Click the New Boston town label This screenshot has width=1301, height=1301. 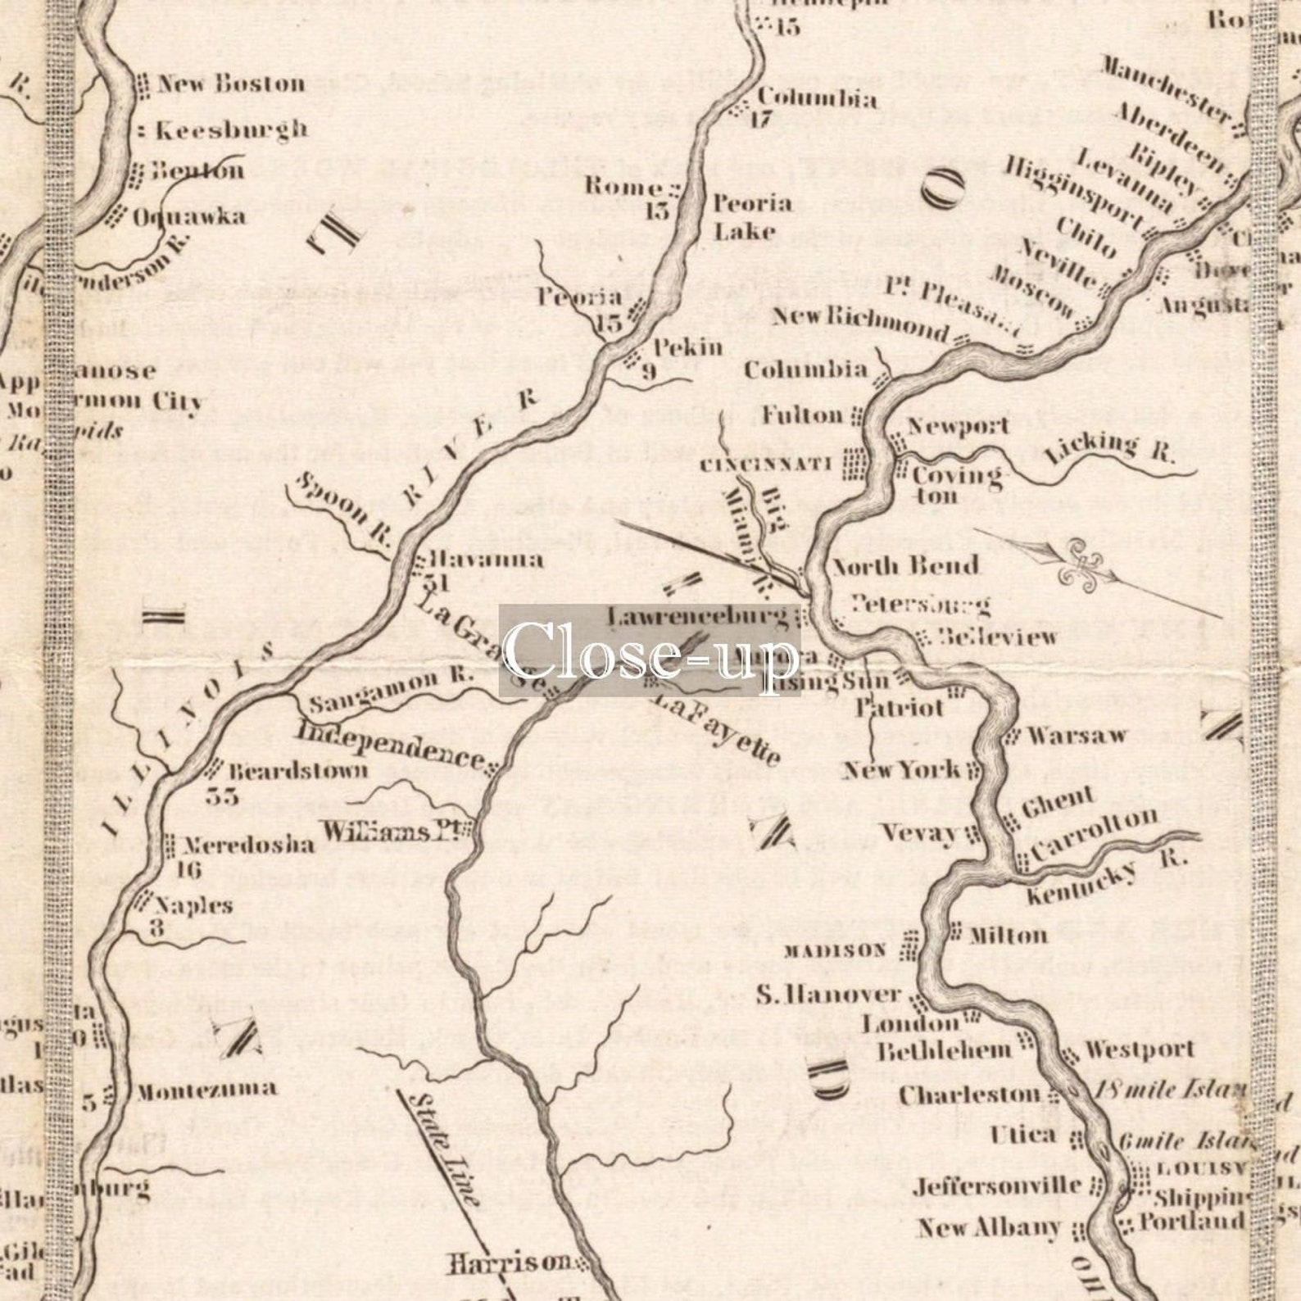coord(230,84)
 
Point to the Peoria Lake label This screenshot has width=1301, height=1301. coord(752,217)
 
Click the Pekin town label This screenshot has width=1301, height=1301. coord(688,347)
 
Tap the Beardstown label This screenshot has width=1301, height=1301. coord(298,771)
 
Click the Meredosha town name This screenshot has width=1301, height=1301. coord(247,845)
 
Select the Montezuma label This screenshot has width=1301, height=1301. coord(206,1090)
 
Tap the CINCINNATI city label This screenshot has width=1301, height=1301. coord(767,465)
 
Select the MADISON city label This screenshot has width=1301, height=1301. coord(835,950)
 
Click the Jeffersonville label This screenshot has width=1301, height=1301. coord(997,1185)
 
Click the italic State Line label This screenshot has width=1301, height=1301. coord(443,1147)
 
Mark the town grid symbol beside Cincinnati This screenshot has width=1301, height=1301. coord(856,465)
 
